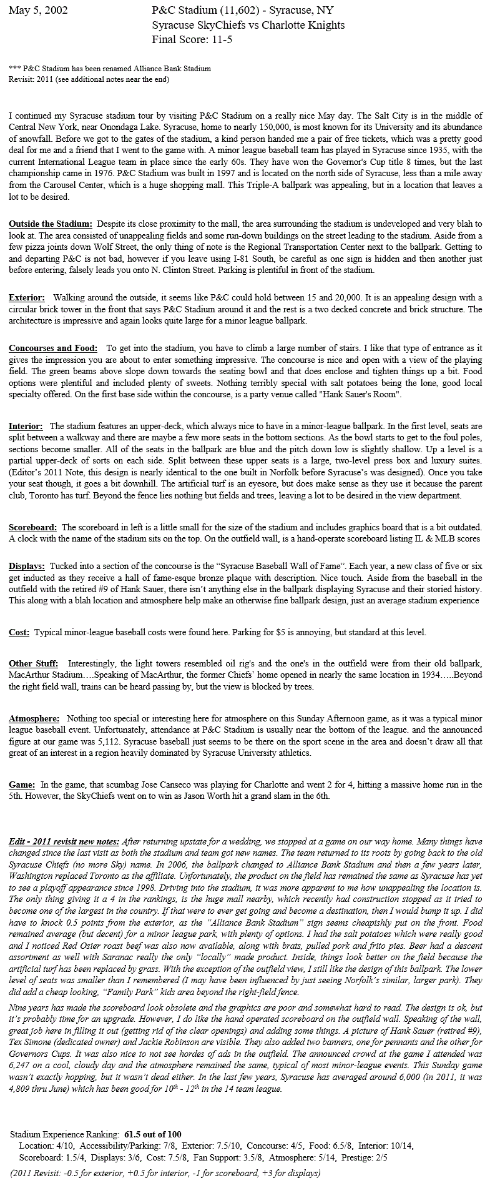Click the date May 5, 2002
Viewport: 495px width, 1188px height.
coord(38,11)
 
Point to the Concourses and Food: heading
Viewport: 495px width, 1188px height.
coord(53,348)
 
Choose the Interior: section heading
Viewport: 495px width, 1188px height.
coord(26,426)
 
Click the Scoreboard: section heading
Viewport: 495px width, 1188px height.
coord(33,528)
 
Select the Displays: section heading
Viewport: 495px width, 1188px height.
coord(27,566)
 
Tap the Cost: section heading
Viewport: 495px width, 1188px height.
coord(19,632)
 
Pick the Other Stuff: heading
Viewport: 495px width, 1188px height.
coord(34,663)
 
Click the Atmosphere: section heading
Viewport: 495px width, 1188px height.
coord(34,719)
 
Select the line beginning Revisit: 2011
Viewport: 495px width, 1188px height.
coord(89,79)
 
